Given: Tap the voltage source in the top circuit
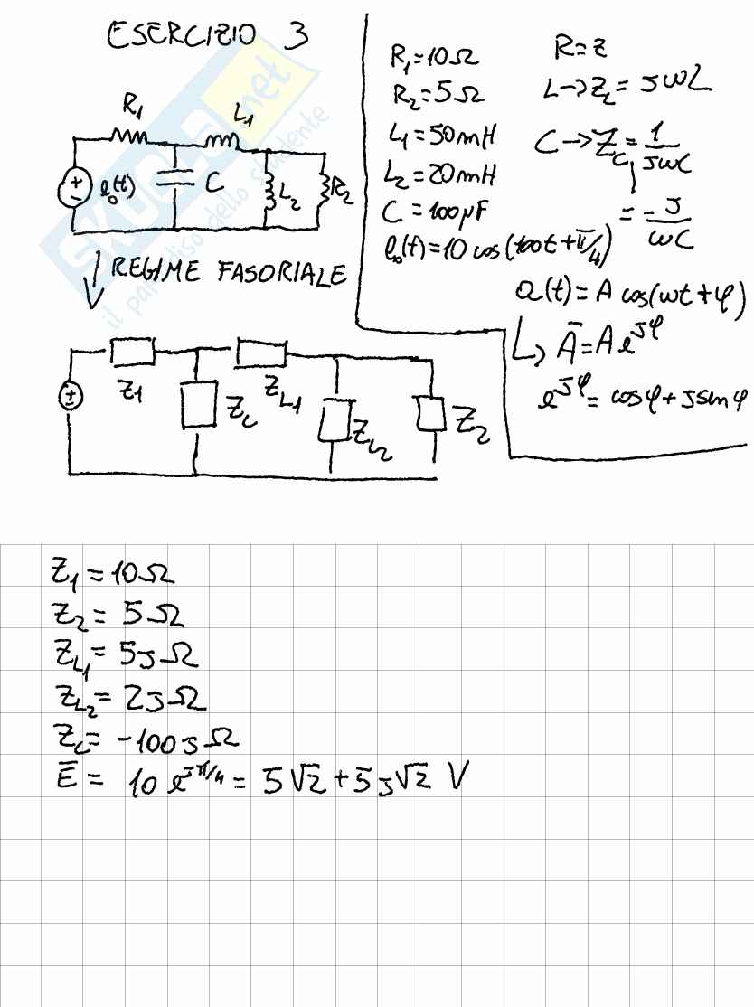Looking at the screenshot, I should coord(73,186).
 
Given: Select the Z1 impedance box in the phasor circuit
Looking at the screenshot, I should coord(133,348).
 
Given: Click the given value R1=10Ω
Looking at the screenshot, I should coord(433,60).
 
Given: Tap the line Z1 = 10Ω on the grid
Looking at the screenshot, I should coord(112,573).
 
